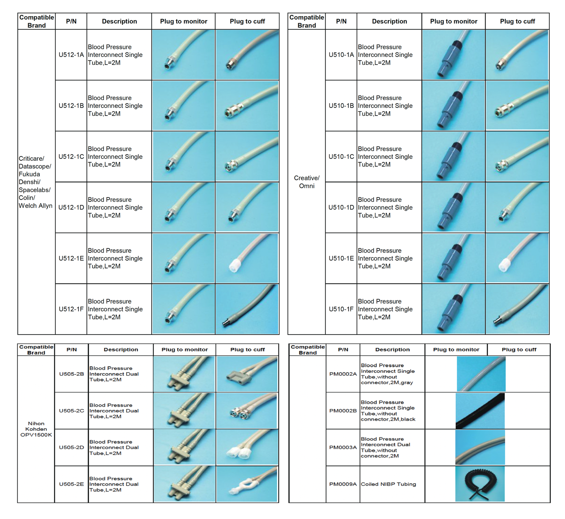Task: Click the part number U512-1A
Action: [71, 55]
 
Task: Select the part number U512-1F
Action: [71, 309]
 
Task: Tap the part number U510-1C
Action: [341, 157]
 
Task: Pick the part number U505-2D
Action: [71, 447]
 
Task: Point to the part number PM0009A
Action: [343, 484]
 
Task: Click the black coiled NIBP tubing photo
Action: [480, 483]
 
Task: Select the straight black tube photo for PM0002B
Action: [480, 411]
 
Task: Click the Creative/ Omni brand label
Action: [306, 182]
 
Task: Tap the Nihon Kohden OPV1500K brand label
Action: [36, 429]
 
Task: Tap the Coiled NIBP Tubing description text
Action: [388, 484]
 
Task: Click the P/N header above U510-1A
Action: [341, 21]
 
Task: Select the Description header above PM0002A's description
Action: [392, 349]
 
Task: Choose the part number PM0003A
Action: [343, 447]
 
